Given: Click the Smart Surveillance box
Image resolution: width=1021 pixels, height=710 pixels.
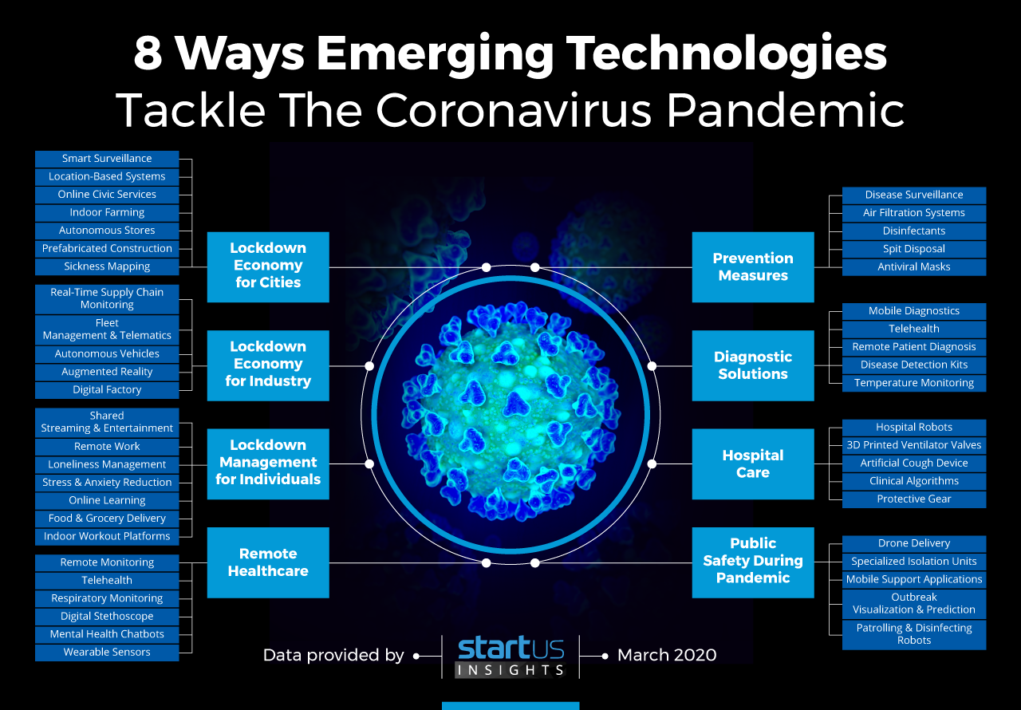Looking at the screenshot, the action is pos(107,159).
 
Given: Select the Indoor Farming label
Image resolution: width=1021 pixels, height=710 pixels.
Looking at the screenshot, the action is pos(107,212).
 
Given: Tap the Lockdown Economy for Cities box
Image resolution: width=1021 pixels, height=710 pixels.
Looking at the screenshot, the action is pos(268,267).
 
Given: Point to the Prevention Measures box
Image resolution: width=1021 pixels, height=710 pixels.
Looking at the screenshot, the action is pos(753,267).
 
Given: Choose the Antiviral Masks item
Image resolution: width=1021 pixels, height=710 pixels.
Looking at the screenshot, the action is pos(914,267).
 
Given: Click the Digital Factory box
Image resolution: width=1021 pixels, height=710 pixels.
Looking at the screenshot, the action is pos(107,390).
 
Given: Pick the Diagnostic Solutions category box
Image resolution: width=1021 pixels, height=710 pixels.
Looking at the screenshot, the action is pos(753,365).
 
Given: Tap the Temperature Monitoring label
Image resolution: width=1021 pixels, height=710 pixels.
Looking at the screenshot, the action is pos(914,383).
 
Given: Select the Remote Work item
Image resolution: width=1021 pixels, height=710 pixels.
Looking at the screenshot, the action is pos(107,447).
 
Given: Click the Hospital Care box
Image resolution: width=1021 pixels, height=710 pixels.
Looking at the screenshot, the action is pos(753,464).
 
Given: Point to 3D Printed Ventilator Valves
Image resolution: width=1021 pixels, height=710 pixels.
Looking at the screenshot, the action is pos(914,445).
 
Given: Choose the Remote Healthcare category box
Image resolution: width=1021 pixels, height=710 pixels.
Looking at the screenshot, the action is pos(268,562).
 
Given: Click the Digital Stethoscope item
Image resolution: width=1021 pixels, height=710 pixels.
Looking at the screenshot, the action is pos(107,617).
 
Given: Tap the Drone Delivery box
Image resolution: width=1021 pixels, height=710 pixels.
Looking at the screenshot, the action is pos(914,543).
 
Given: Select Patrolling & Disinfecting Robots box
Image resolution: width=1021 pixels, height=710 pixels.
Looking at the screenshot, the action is pos(914,634).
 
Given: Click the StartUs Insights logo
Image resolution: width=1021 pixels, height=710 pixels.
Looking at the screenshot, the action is pos(510,657).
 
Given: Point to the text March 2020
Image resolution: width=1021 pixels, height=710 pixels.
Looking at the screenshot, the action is pos(667,655).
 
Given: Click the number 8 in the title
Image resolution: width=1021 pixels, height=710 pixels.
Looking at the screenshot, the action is pos(148,53).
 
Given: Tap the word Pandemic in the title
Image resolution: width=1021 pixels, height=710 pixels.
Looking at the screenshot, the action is pos(786,110).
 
